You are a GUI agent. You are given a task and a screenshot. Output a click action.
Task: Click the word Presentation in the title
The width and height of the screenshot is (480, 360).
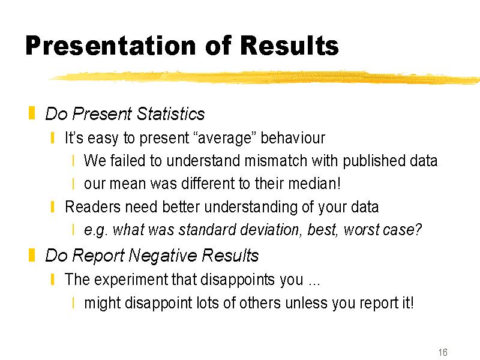click(x=111, y=46)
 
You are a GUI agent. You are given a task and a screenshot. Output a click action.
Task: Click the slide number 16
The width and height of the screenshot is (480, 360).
click(x=443, y=352)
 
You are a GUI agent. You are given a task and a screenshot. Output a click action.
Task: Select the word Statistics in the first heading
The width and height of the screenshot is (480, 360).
click(x=170, y=114)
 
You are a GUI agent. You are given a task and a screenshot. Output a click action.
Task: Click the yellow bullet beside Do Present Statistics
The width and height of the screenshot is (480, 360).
click(x=32, y=113)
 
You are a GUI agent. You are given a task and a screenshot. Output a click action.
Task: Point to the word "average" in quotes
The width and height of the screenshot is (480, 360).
click(x=225, y=138)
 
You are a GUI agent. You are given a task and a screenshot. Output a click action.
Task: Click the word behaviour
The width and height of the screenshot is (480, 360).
click(x=293, y=137)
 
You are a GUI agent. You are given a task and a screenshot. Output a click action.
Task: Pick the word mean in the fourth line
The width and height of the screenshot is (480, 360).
click(x=128, y=184)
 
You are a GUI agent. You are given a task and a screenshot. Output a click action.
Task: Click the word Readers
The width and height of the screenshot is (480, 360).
click(x=93, y=206)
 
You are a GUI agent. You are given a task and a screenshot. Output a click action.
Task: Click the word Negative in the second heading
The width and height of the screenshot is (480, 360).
click(x=163, y=256)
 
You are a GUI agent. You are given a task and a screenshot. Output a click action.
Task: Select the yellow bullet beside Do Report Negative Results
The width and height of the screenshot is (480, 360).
click(x=32, y=255)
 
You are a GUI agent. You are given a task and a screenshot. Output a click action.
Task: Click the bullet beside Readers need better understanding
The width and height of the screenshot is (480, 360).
click(x=53, y=206)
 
